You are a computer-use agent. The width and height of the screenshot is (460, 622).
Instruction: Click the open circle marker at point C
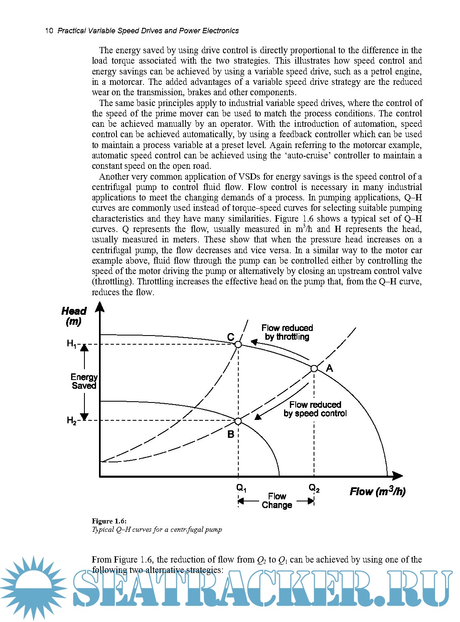tap(238, 344)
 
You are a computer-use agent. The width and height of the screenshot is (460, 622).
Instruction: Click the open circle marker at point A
tap(314, 368)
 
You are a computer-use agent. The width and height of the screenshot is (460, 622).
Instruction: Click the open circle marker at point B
tap(238, 421)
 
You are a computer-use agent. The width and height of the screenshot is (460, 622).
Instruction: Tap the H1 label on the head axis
tap(72, 343)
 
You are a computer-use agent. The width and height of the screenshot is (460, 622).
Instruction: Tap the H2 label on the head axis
tap(72, 420)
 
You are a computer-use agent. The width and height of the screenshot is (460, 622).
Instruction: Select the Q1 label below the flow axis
tap(241, 488)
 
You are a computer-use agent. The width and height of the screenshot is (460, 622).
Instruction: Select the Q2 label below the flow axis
tap(314, 488)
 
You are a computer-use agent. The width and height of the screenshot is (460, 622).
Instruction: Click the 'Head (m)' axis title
tap(74, 316)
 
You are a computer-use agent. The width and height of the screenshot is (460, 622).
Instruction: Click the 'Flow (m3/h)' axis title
tap(377, 491)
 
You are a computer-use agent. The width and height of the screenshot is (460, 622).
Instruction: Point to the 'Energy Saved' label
tap(84, 381)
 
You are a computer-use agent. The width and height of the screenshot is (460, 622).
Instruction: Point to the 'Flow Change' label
tap(277, 501)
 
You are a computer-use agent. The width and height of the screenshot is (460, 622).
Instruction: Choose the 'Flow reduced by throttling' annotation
tap(287, 332)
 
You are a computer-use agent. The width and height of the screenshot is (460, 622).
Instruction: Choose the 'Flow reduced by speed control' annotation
tap(315, 409)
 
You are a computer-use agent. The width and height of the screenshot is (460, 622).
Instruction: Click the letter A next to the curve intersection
tap(329, 368)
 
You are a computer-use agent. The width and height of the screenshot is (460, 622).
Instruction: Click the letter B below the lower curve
tap(231, 434)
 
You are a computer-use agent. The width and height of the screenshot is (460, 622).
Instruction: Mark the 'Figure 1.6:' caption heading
tap(109, 521)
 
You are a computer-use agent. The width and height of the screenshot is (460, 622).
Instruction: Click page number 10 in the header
tap(49, 31)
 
